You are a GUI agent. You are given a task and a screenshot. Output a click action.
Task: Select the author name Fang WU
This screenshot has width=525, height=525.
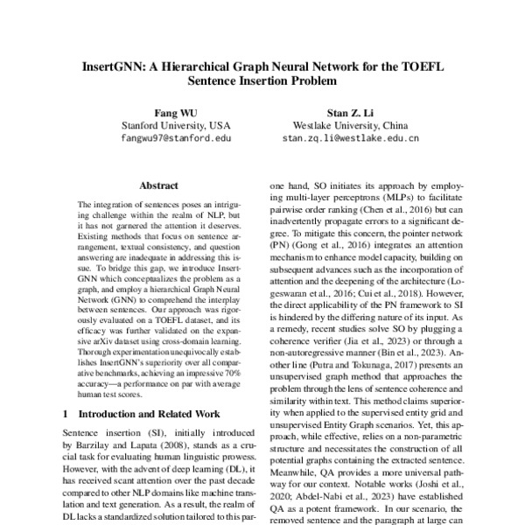[x=175, y=111]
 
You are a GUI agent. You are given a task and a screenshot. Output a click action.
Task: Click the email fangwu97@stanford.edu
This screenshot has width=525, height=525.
[x=176, y=137]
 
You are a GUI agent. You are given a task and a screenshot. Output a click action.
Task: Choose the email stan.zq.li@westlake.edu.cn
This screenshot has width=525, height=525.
[x=350, y=137]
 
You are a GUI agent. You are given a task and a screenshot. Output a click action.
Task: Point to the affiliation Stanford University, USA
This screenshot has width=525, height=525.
[x=176, y=124]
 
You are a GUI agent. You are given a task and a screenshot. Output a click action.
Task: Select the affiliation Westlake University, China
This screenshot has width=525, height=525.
[x=350, y=124]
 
